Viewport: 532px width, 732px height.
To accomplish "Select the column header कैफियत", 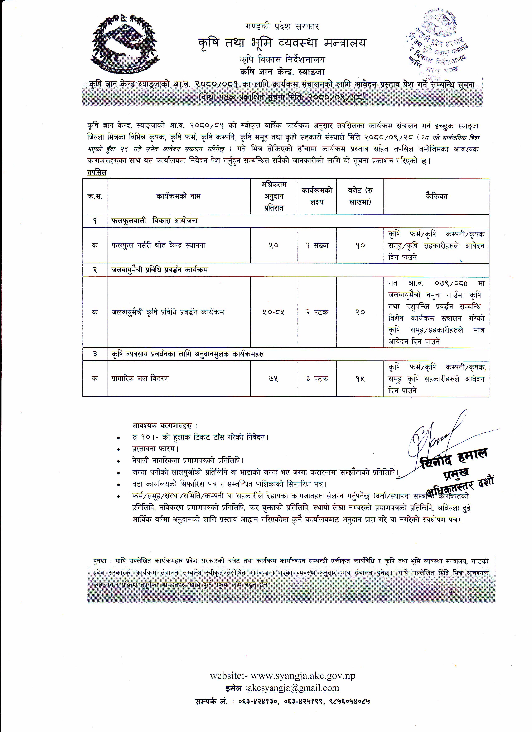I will (436, 196).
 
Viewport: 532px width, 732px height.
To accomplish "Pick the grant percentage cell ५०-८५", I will (274, 312).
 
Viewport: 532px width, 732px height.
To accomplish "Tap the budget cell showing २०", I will (360, 312).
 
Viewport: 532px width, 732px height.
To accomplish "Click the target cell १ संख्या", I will (317, 245).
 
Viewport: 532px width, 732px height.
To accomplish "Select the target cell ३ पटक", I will (317, 379).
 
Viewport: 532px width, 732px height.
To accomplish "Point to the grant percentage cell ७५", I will (274, 379).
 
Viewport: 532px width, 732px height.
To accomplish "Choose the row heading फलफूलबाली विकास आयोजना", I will (155, 221).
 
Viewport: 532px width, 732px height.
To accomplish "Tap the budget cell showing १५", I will (360, 379).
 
